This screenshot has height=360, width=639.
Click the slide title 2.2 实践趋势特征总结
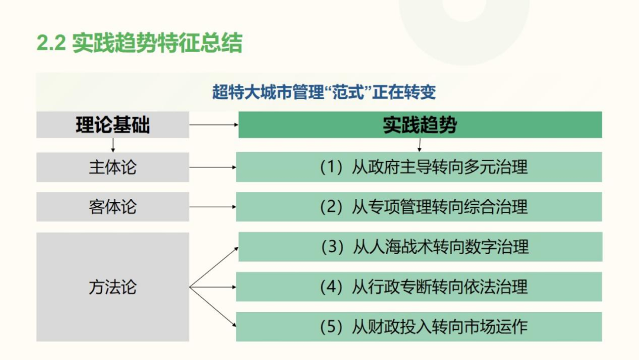140,43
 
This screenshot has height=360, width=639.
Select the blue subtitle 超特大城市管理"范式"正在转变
324,92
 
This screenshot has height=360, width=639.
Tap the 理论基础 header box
112,125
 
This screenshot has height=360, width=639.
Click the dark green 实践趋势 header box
419,125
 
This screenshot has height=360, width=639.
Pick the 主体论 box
112,167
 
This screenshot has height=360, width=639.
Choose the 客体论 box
112,207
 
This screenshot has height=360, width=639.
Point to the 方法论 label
112,287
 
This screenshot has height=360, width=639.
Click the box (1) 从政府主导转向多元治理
419,167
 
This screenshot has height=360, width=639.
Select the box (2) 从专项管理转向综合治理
419,207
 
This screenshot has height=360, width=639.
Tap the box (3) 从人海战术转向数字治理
420,247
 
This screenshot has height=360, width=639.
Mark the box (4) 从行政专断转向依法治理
419,287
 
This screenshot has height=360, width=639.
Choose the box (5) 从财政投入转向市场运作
419,327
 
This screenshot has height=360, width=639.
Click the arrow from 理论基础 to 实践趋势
214,125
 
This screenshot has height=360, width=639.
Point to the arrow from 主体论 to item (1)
213,167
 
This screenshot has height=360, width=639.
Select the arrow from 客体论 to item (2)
213,207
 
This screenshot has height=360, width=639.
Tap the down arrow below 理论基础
113,145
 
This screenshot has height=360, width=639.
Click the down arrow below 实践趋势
419,145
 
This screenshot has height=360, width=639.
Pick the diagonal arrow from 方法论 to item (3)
214,267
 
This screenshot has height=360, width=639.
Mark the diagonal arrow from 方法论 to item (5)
213,307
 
